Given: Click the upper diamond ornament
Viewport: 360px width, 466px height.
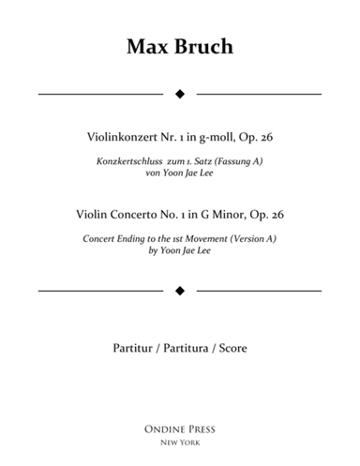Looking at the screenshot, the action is coord(180,94).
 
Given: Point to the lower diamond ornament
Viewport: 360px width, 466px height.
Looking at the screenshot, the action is coord(180,291).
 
